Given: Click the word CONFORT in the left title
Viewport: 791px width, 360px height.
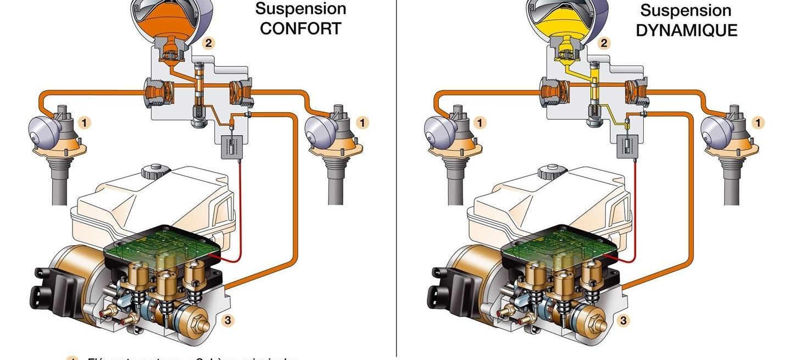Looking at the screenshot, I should (x=300, y=29).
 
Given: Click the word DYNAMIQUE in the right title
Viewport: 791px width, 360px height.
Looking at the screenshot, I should (x=686, y=30).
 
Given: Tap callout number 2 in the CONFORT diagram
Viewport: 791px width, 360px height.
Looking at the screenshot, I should (x=208, y=43).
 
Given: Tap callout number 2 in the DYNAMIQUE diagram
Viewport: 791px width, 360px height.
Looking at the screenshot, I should (x=604, y=43).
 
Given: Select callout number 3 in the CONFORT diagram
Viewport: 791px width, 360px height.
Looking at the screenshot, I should (x=227, y=320).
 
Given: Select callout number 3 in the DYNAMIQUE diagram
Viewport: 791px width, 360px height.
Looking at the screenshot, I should (x=623, y=320).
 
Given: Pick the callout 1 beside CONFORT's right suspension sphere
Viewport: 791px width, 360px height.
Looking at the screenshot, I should (x=362, y=122).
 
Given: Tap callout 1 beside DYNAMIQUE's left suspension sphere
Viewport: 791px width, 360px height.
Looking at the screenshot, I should (x=480, y=122).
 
